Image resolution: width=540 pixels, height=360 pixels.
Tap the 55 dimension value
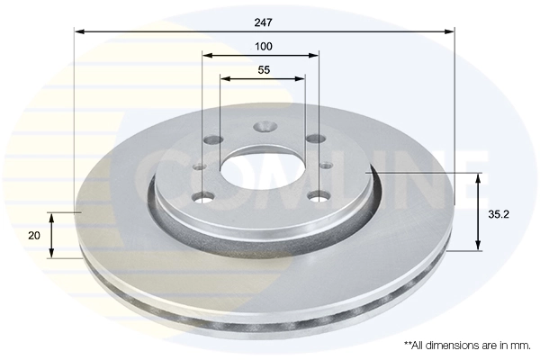(x=264, y=69)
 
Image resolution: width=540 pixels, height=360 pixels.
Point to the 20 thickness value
(x=34, y=235)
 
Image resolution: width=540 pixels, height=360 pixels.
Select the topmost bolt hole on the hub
(x=263, y=128)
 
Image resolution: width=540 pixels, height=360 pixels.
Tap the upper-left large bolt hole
(x=213, y=139)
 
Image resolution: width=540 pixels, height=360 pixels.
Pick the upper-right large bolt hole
(x=314, y=139)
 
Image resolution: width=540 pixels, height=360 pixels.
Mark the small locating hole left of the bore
(x=201, y=166)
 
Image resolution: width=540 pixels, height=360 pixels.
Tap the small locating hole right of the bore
(x=326, y=166)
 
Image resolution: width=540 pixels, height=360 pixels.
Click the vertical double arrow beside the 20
(x=51, y=235)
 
